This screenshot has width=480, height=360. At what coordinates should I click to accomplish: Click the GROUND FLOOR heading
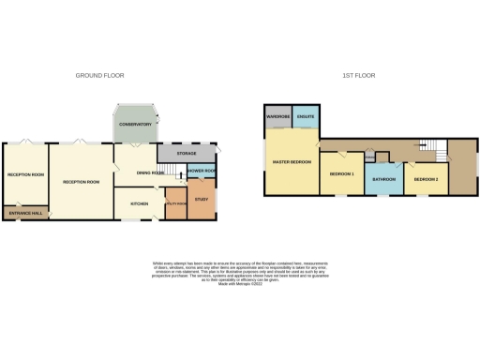(x=100, y=75)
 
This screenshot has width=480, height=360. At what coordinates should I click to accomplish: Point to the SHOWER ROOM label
(x=202, y=171)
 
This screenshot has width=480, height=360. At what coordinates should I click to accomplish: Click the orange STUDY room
(x=202, y=199)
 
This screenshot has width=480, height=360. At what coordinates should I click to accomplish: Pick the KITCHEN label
(x=139, y=202)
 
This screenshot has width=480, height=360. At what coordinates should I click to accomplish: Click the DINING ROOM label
(x=150, y=173)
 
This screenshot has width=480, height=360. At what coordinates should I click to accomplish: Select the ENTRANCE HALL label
(x=25, y=215)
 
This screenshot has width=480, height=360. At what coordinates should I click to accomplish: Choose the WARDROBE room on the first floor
(x=278, y=117)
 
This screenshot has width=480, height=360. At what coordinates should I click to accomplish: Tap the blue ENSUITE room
(x=306, y=117)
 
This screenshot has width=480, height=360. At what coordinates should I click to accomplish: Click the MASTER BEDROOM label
(x=292, y=161)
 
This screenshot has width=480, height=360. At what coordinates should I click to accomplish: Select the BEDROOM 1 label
(x=341, y=174)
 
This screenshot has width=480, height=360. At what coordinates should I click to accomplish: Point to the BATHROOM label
(x=384, y=179)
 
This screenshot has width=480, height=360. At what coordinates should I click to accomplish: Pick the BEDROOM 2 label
(x=427, y=178)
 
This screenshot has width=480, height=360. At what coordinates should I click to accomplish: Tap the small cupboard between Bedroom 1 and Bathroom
(x=369, y=157)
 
